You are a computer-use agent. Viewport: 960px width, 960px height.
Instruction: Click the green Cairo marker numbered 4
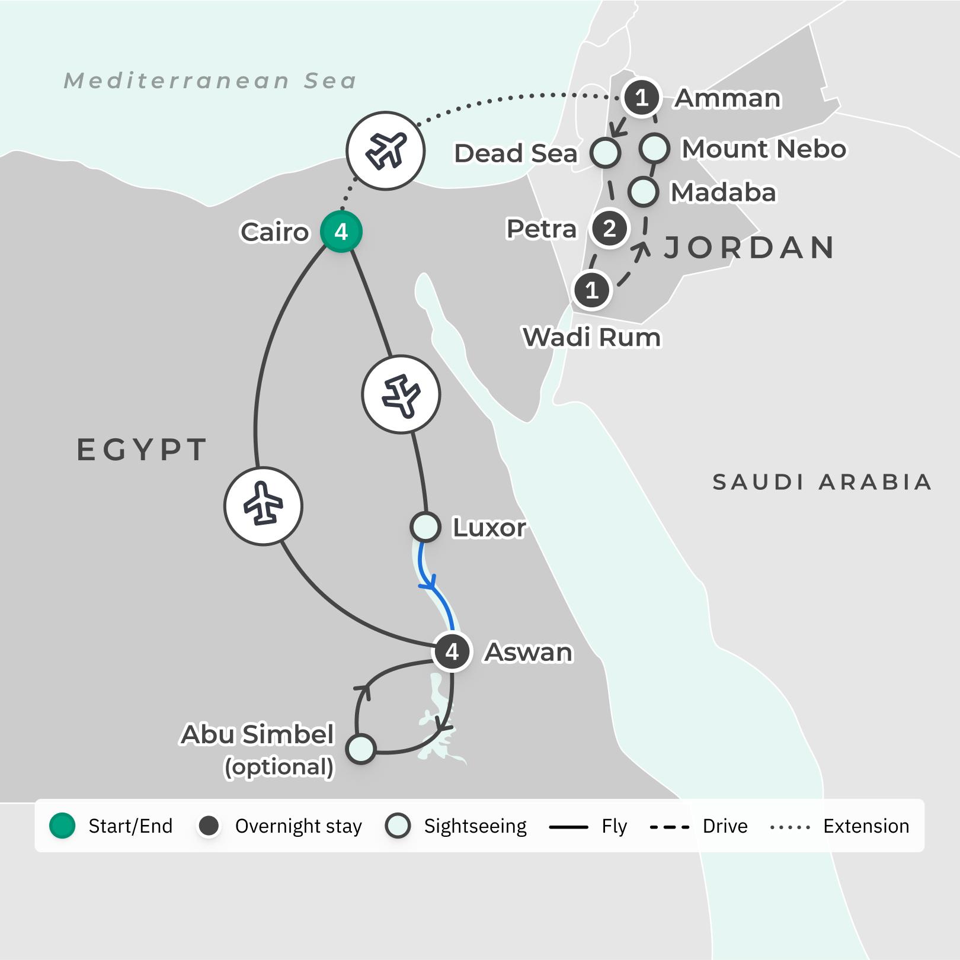point(341,232)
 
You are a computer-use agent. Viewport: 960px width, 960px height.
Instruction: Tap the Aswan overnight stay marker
point(453,651)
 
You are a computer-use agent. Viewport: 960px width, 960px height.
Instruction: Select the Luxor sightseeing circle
point(425,526)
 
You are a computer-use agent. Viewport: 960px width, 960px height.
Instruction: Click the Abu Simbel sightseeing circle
point(361,749)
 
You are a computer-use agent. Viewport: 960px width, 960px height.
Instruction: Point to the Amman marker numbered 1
point(641,97)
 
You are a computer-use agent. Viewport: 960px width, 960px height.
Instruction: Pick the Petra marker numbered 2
point(609,229)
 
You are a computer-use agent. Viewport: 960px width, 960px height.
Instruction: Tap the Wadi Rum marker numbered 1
point(591,290)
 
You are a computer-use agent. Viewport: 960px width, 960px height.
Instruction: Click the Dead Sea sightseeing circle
point(605,152)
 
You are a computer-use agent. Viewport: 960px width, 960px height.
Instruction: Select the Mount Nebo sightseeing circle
point(655,147)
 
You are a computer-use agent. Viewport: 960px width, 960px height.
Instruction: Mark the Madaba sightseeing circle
point(643,191)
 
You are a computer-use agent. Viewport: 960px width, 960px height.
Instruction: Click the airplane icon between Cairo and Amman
point(386,150)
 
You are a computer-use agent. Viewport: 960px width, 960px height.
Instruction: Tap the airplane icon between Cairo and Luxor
point(401,394)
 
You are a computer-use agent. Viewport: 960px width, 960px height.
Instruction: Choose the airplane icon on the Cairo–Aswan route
point(263,506)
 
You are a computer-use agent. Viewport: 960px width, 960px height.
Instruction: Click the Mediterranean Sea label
point(210,81)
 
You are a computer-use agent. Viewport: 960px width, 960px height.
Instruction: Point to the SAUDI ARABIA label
point(822,482)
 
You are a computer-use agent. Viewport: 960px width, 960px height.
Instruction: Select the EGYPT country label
point(142,450)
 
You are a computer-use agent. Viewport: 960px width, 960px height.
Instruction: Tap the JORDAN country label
point(750,248)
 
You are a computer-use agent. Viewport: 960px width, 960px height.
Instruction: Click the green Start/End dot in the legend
point(62,826)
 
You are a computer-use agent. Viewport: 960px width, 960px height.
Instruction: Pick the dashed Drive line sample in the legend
point(670,827)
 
